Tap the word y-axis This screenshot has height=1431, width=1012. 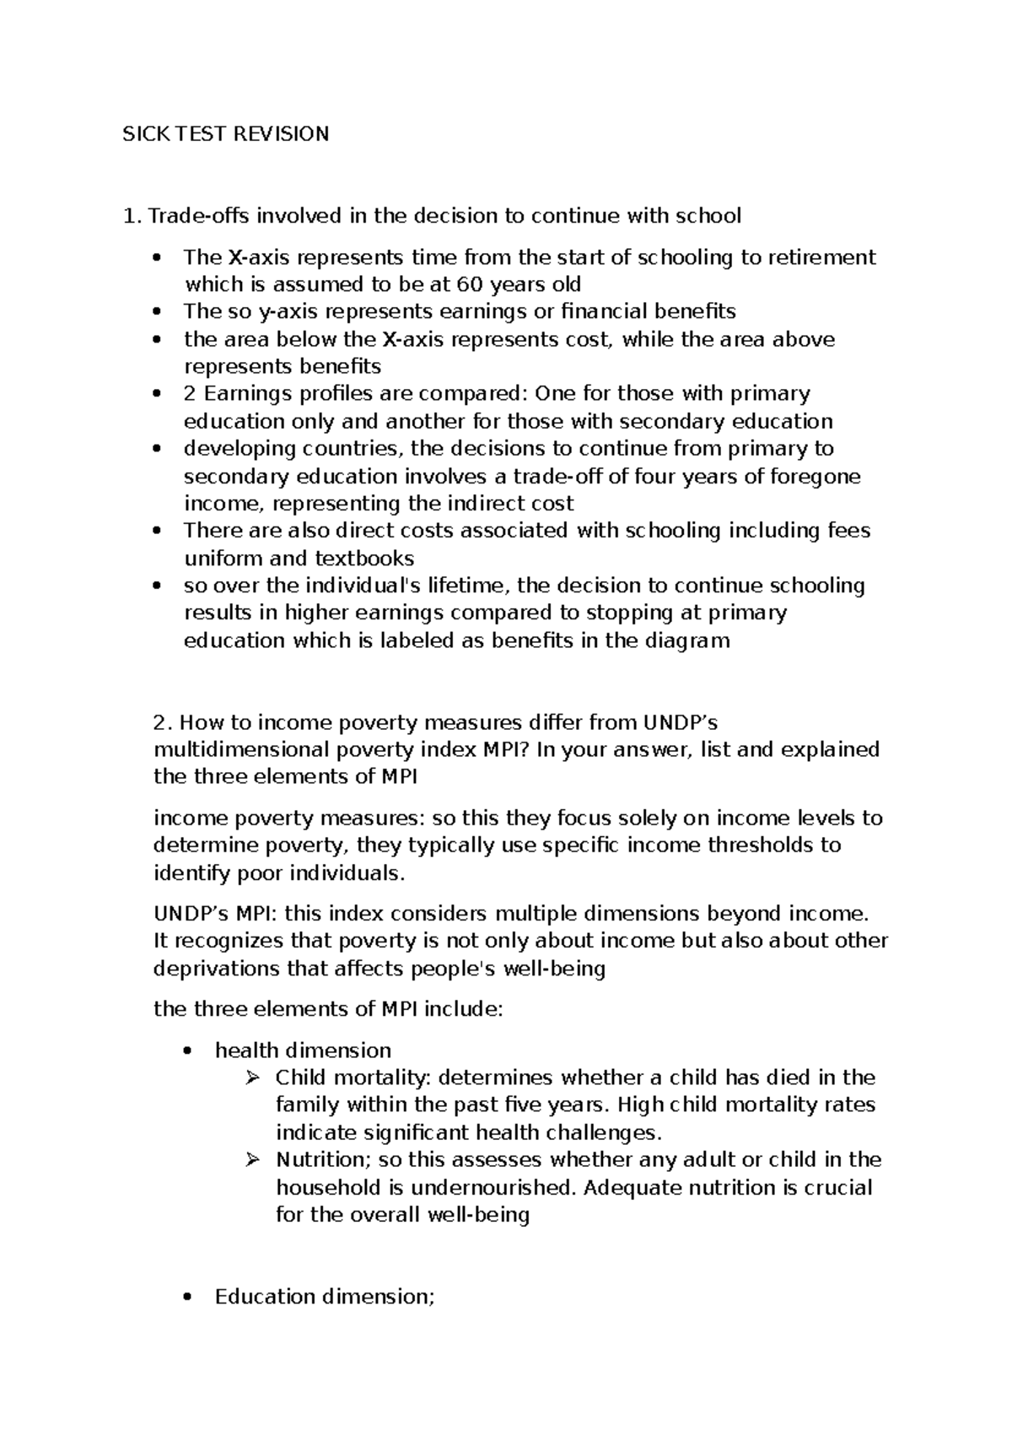click(x=288, y=312)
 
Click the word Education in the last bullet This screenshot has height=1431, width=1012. click(x=266, y=1297)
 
